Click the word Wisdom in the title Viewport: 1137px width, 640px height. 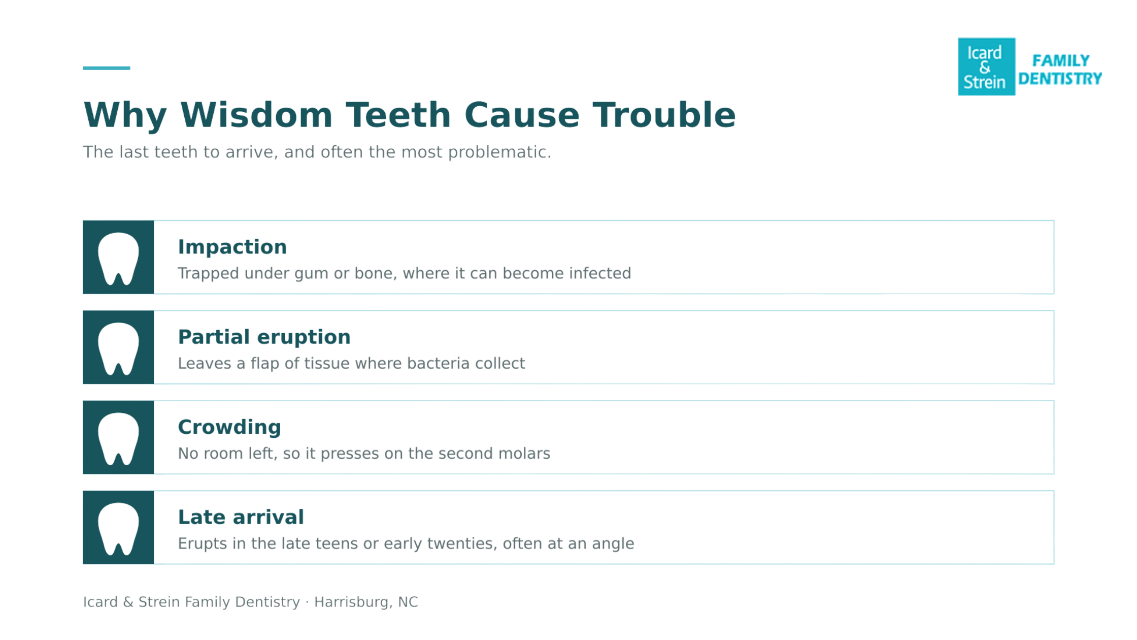(256, 115)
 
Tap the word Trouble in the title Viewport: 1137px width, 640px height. (664, 115)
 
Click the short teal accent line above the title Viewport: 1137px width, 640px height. (107, 68)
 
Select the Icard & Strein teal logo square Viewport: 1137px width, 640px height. (986, 67)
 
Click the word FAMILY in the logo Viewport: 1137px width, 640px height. (1061, 61)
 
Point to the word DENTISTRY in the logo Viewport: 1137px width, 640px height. (1060, 79)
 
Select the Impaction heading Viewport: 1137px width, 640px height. (232, 247)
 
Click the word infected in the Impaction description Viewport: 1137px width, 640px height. (600, 273)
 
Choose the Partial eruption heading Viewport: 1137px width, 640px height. (264, 337)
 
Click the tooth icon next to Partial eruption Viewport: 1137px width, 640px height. (118, 348)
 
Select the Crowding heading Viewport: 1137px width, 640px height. (229, 427)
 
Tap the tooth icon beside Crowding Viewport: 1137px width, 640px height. (118, 438)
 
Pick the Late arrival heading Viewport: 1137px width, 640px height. (241, 517)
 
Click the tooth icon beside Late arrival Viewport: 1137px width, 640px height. (118, 529)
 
